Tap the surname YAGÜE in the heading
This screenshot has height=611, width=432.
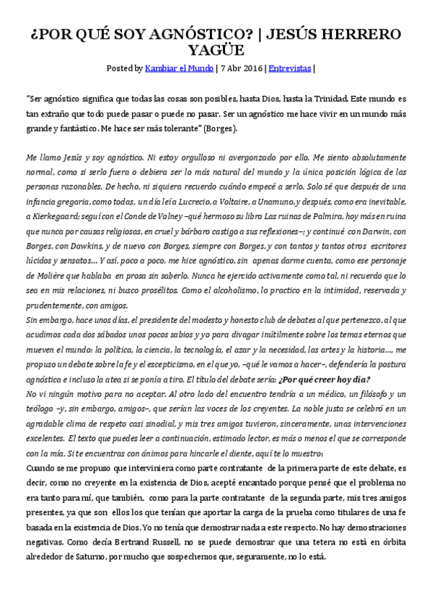[x=216, y=50]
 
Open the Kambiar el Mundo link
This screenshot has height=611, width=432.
[x=179, y=68]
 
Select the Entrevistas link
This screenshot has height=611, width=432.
[x=289, y=68]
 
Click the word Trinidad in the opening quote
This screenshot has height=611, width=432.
[x=348, y=97]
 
